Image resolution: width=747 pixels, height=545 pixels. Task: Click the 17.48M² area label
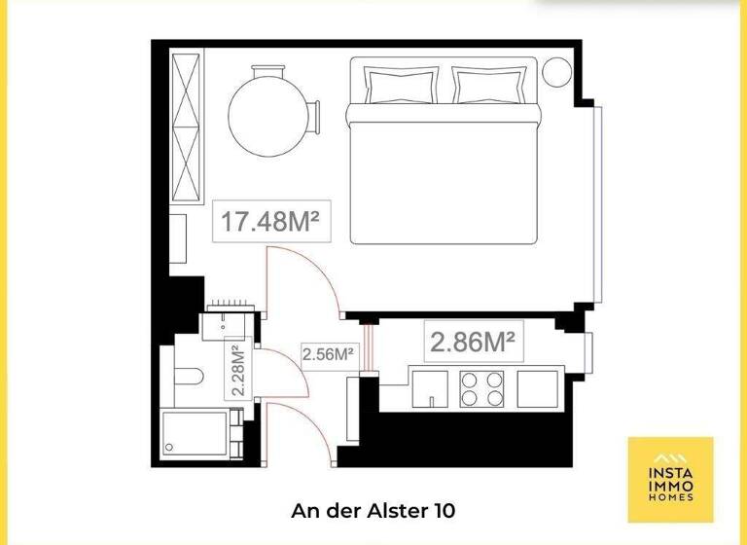tap(271, 221)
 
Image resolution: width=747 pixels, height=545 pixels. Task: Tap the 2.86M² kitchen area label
tap(472, 342)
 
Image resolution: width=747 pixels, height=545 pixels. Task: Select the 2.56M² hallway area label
tap(327, 355)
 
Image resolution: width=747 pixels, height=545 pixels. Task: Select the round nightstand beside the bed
tap(559, 71)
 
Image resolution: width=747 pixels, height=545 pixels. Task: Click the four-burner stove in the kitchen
tap(481, 388)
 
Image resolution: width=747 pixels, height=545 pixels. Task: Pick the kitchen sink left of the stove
tap(429, 388)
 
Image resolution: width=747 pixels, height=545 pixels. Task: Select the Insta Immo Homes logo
tap(670, 479)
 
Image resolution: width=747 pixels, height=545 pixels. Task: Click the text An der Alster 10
tap(373, 510)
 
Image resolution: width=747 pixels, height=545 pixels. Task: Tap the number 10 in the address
tap(443, 510)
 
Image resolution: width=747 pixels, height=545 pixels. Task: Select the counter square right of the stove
tap(539, 388)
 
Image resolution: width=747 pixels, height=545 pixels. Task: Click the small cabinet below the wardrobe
tap(178, 237)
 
